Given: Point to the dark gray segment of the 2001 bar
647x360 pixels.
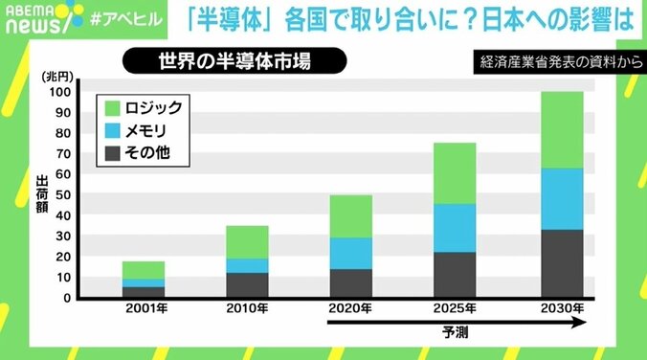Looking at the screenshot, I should tap(143, 292).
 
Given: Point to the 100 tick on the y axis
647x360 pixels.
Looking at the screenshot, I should tap(61, 93).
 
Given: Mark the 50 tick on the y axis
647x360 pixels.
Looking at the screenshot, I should tap(64, 195).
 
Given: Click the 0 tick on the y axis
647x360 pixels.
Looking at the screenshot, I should tap(67, 298).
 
